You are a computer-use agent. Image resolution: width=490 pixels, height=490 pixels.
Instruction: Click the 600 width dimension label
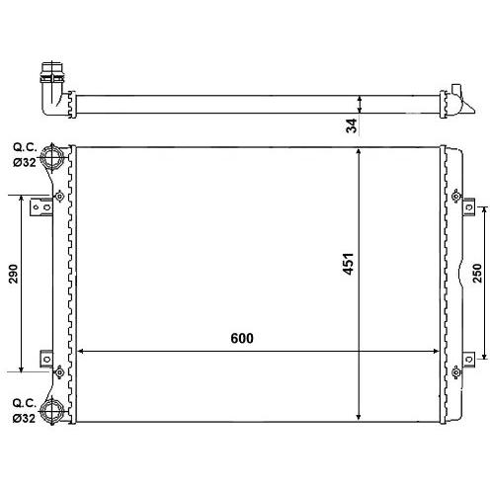coord(242,339)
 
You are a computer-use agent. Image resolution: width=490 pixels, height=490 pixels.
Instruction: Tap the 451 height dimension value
coord(348,264)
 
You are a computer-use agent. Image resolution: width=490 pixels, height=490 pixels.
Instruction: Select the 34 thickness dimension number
coord(352,125)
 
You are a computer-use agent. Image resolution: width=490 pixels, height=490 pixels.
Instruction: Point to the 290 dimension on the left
coord(13,274)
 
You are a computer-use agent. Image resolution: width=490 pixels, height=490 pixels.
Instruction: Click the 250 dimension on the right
coord(477,273)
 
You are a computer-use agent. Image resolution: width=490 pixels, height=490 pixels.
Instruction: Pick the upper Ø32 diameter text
coord(25,162)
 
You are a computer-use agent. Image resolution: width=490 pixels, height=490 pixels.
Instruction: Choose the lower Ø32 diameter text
coord(24,418)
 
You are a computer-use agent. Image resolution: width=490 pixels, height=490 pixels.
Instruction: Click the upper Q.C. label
coord(25,147)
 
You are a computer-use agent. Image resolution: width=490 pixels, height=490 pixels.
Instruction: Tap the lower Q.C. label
coord(25,403)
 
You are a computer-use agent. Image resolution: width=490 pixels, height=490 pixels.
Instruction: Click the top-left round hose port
coord(51,157)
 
